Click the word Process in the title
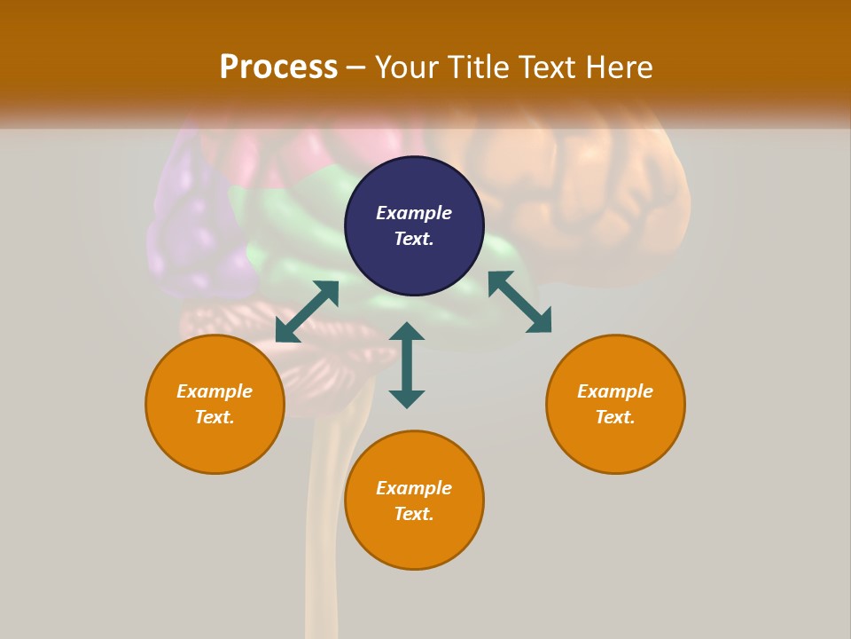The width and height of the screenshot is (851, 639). (x=278, y=67)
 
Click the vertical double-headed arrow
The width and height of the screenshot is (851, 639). (x=407, y=365)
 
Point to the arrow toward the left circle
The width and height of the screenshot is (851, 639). (x=307, y=312)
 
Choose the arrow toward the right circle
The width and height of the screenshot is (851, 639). (x=519, y=302)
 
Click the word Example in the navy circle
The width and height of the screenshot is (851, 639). (x=414, y=213)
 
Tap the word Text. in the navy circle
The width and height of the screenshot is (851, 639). (x=414, y=239)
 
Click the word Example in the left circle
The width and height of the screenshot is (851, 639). (x=215, y=391)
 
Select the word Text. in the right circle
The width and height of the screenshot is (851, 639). (x=615, y=417)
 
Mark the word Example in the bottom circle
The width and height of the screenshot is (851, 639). (x=414, y=488)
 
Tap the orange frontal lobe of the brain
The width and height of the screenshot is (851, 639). (x=603, y=195)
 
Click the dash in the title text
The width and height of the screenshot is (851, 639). (x=356, y=68)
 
